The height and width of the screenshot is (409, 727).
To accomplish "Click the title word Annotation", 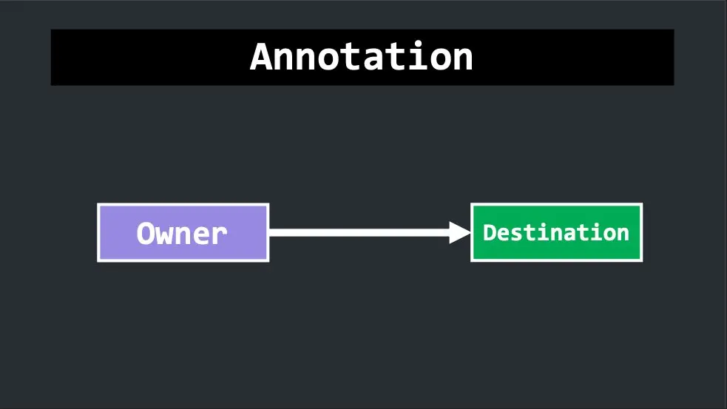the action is (x=361, y=56).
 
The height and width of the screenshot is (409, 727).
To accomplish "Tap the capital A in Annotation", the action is (x=261, y=56).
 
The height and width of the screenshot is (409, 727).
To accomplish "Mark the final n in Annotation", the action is (x=462, y=59).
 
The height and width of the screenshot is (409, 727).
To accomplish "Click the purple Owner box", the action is (x=183, y=233).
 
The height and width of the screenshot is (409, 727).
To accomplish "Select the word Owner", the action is (x=182, y=233).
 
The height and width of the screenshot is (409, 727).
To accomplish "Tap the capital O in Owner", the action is (x=145, y=233).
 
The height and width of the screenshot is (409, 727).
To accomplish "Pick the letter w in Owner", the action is (x=163, y=236).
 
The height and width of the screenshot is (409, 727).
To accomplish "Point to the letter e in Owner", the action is (x=200, y=236).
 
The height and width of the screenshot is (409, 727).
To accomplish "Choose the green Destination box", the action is (x=556, y=232).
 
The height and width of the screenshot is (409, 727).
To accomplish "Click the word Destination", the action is (x=556, y=232).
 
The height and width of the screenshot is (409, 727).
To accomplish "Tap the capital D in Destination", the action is (x=490, y=233).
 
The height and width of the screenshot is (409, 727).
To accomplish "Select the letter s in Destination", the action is (x=516, y=235).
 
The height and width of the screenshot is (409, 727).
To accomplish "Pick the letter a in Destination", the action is (x=569, y=235).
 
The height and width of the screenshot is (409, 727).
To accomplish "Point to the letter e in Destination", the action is (x=503, y=235).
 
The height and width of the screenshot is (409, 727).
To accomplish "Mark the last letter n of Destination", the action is (x=623, y=235).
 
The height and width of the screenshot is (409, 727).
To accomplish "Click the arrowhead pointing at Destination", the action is (x=460, y=232).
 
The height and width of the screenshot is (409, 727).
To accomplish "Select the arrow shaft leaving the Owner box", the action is (x=359, y=232).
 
